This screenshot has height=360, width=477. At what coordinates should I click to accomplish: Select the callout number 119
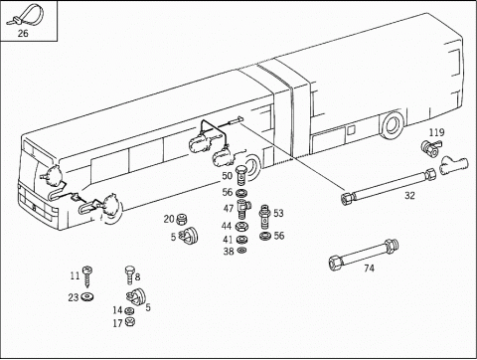(436, 132)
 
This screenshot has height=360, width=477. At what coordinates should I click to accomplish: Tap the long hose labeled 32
(389, 186)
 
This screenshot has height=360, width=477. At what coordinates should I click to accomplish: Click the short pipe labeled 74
(364, 255)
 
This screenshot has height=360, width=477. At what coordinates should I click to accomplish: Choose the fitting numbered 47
(243, 209)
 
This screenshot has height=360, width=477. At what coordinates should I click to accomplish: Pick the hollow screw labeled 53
(264, 217)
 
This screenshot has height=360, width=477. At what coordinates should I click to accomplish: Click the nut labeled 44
(240, 227)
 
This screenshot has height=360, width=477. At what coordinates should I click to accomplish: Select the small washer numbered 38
(240, 250)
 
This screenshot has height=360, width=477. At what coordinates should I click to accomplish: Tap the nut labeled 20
(181, 219)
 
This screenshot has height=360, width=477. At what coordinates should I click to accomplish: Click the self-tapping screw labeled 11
(87, 276)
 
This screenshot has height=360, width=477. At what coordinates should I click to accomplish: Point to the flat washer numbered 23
(87, 296)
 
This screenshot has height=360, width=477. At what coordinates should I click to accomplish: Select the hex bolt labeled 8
(129, 274)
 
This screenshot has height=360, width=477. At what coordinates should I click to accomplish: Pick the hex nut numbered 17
(129, 321)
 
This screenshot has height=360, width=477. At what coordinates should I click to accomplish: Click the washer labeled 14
(129, 311)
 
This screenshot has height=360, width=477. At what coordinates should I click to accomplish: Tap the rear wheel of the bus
(393, 126)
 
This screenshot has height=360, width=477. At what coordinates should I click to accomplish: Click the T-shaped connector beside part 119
(453, 165)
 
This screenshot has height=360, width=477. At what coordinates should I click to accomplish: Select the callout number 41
(228, 240)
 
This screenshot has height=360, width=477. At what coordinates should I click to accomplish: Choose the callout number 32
(409, 196)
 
